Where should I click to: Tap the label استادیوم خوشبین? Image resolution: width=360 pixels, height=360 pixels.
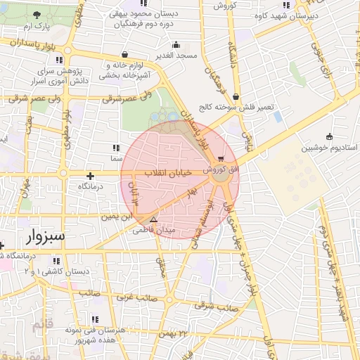(330, 148)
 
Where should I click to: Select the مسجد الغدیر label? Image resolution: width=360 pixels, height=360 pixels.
(176, 55)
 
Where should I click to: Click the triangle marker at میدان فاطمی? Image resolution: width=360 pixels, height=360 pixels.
(154, 219)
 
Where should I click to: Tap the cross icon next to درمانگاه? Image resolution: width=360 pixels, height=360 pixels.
(90, 176)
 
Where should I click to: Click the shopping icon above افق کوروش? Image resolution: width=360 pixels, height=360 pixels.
(222, 158)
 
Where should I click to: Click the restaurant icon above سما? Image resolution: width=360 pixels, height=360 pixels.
(116, 148)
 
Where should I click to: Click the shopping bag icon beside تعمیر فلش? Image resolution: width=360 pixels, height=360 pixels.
(235, 97)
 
